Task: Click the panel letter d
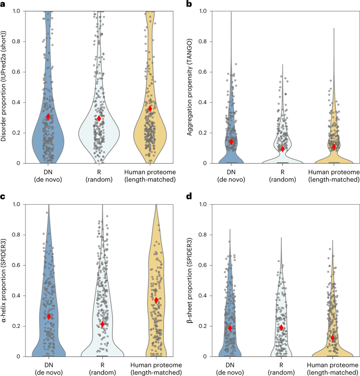pyautogui.click(x=189, y=198)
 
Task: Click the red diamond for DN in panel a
pyautogui.click(x=48, y=117)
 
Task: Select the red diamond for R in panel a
pyautogui.click(x=99, y=118)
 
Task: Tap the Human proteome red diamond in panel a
pyautogui.click(x=150, y=109)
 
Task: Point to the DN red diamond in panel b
pyautogui.click(x=231, y=141)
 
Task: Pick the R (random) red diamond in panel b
pyautogui.click(x=283, y=149)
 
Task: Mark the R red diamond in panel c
pyautogui.click(x=102, y=324)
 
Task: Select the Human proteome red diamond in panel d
pyautogui.click(x=333, y=338)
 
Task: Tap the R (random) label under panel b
pyautogui.click(x=282, y=175)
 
